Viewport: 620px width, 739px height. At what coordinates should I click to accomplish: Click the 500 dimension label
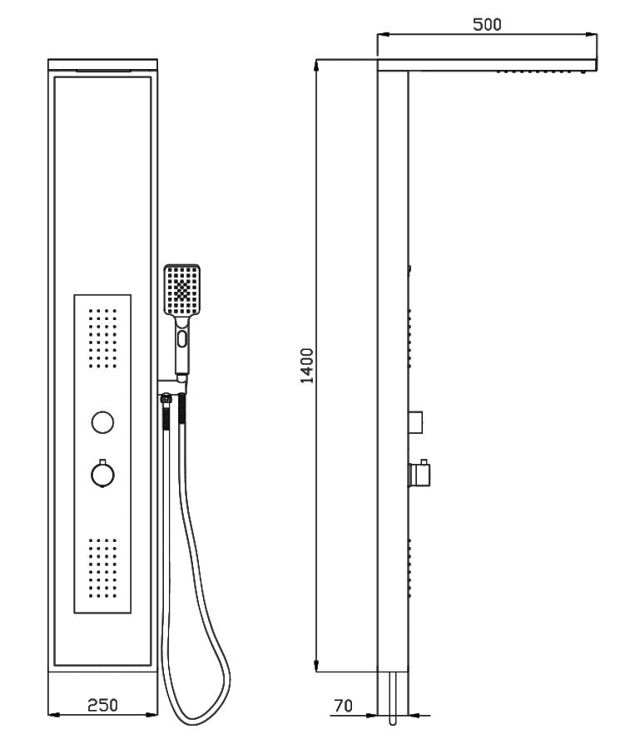click(x=487, y=24)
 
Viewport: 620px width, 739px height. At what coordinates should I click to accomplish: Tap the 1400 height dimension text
click(x=307, y=366)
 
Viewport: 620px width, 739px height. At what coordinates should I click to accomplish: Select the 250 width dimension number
click(x=102, y=705)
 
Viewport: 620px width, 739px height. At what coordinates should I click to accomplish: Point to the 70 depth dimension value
click(x=343, y=706)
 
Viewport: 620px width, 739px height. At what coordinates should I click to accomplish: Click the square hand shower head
click(x=182, y=290)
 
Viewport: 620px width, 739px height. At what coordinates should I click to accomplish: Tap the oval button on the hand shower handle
click(x=182, y=339)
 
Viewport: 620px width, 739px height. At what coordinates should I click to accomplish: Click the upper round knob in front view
click(x=102, y=421)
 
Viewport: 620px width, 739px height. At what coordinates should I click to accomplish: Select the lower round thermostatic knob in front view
click(x=102, y=474)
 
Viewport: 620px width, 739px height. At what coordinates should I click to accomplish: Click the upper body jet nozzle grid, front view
click(x=102, y=338)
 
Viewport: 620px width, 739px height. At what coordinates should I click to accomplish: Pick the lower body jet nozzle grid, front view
click(x=102, y=568)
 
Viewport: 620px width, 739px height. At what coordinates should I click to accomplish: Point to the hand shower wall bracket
click(x=173, y=387)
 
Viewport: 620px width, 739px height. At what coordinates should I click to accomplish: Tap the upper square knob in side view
click(x=415, y=422)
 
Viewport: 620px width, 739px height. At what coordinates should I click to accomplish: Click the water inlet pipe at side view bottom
click(x=393, y=698)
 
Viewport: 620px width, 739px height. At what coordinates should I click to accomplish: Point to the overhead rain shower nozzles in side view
click(x=543, y=72)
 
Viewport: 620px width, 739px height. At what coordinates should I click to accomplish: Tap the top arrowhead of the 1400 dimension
click(x=317, y=65)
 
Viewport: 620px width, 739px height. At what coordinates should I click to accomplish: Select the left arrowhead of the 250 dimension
click(x=54, y=715)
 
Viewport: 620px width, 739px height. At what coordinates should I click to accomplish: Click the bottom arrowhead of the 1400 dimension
click(x=317, y=666)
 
